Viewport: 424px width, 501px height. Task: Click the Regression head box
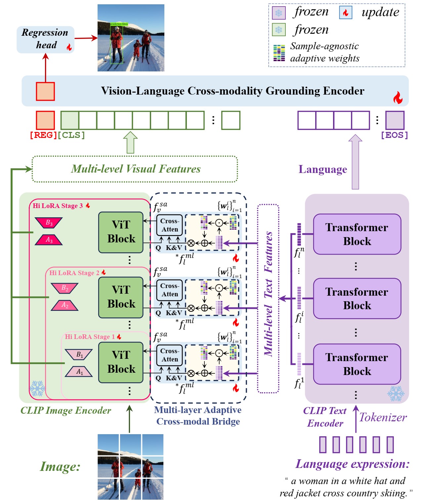[45, 39]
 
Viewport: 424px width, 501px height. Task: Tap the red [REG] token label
[43, 135]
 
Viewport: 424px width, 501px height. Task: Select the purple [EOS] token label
[394, 135]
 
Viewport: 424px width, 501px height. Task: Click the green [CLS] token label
[71, 135]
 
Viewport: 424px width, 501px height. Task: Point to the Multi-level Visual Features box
[135, 169]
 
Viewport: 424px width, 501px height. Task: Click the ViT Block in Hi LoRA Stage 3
[121, 232]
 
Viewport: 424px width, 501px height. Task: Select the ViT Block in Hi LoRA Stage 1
[121, 362]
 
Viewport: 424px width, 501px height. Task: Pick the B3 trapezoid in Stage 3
[49, 223]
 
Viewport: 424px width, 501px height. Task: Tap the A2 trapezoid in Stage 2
[65, 305]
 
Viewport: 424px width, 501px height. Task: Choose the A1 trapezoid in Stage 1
[79, 372]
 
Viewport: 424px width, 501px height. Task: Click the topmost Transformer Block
[357, 234]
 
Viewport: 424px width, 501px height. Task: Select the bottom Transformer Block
[357, 364]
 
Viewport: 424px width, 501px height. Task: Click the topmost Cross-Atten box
[169, 225]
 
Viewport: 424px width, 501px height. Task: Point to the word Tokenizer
[383, 418]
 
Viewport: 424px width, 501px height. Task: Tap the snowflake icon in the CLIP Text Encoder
[396, 393]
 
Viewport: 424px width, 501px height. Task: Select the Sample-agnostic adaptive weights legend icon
[279, 53]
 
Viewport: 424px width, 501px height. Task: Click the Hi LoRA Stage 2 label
[74, 273]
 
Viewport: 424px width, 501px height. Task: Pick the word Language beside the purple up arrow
[323, 169]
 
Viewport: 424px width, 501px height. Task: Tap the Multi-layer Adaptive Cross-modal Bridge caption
[198, 416]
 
